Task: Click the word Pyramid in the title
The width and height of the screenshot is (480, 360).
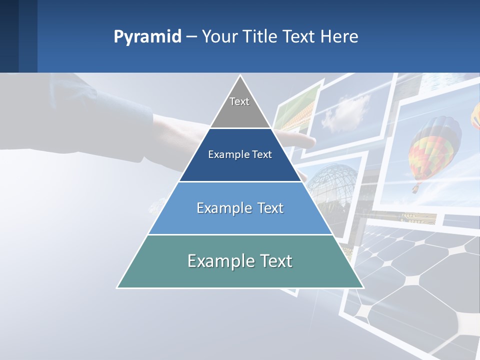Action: (147, 36)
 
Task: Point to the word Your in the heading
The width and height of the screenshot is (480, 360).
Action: (220, 36)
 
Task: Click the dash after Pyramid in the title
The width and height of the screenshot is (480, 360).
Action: (191, 37)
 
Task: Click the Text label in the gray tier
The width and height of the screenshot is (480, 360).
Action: (239, 101)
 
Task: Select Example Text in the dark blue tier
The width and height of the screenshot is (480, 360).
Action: (240, 154)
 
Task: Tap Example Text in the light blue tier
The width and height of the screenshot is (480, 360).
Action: (240, 208)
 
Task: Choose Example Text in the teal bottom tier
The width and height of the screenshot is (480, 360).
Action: (240, 261)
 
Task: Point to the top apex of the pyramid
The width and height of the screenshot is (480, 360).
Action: (240, 76)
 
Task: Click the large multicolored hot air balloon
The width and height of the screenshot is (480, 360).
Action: (434, 145)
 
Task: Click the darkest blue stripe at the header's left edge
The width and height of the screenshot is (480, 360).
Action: (9, 36)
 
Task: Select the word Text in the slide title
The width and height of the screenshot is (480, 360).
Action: (298, 36)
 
